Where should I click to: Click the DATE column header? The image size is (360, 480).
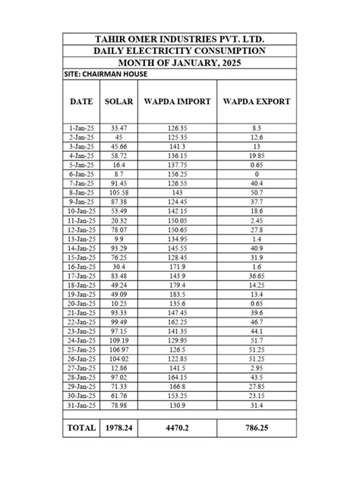81,101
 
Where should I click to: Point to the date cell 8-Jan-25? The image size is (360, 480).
81,193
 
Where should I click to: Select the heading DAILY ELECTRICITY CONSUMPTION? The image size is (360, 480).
180,51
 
